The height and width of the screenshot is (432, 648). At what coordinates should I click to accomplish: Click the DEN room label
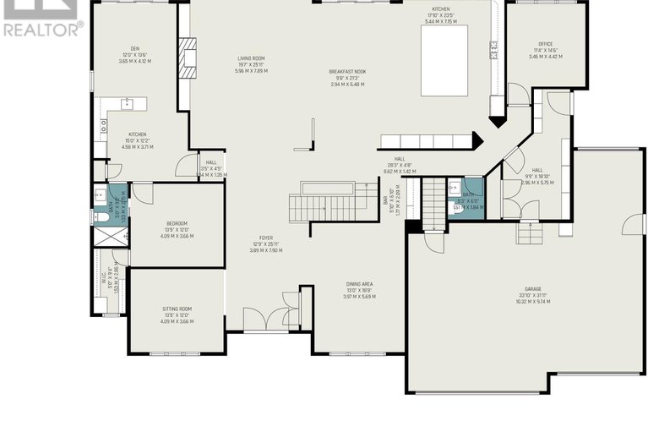[x=134, y=48]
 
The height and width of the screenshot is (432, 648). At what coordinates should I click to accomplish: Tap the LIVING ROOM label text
[x=251, y=58]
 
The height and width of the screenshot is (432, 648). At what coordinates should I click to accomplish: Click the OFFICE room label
[x=545, y=44]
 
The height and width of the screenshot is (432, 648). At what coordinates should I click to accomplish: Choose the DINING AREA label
[x=358, y=284]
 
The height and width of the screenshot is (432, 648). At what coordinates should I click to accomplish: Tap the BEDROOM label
[x=177, y=223]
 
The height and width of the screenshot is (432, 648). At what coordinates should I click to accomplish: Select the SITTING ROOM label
[x=177, y=309]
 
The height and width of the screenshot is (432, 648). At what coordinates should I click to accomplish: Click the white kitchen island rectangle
[x=444, y=52]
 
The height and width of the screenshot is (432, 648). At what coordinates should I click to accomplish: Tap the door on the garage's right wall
[x=627, y=225]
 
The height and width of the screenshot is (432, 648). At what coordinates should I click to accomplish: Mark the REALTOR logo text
[x=42, y=30]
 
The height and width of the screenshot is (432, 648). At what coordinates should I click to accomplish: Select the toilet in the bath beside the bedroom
[x=100, y=216]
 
